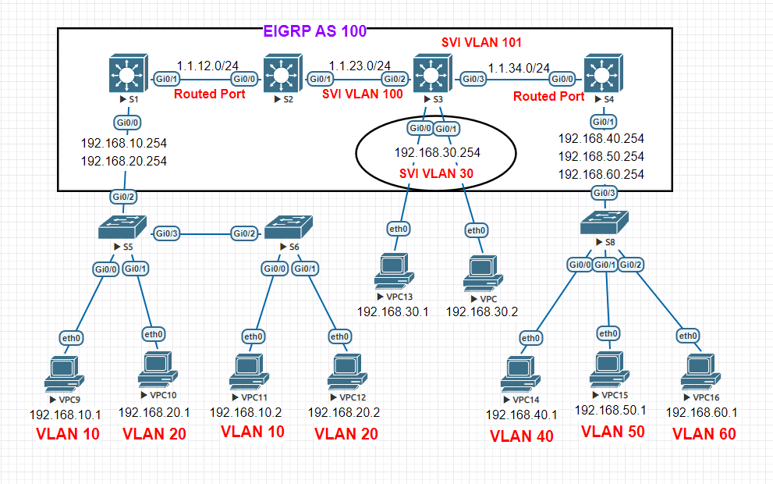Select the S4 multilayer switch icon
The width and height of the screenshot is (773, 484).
pyautogui.click(x=601, y=75)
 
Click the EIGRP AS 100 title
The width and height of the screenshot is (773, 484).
pyautogui.click(x=315, y=32)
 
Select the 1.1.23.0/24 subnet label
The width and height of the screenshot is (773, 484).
pyautogui.click(x=360, y=66)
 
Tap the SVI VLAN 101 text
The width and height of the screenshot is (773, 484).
pyautogui.click(x=481, y=42)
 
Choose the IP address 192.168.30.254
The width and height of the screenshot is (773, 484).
pyautogui.click(x=437, y=153)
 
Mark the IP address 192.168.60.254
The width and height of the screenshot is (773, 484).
pyautogui.click(x=601, y=174)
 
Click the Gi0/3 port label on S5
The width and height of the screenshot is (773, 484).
pyautogui.click(x=168, y=233)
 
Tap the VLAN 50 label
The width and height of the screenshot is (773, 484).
pyautogui.click(x=613, y=431)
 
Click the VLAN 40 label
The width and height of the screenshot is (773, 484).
pyautogui.click(x=521, y=436)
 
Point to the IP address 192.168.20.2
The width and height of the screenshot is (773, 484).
pyautogui.click(x=343, y=413)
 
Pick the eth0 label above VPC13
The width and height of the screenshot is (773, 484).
pyautogui.click(x=399, y=230)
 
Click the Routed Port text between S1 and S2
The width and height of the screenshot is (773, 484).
pyautogui.click(x=209, y=94)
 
